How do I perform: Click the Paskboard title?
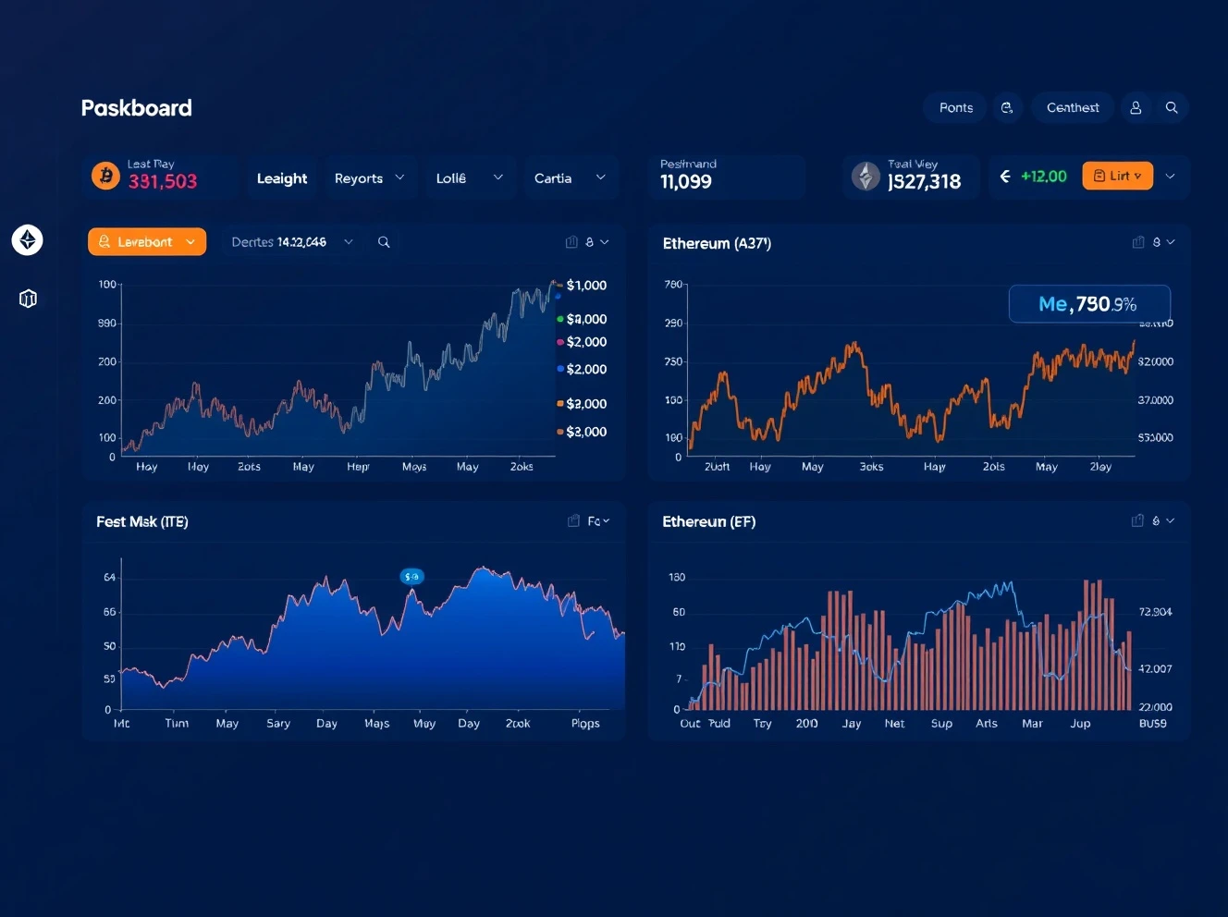[136, 108]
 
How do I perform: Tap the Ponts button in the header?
[955, 108]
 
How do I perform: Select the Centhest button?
[1073, 108]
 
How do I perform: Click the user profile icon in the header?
[1136, 108]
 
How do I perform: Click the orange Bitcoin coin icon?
[105, 176]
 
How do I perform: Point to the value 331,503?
[163, 181]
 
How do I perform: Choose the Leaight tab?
[282, 178]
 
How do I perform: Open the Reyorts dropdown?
[369, 178]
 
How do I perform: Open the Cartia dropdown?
[569, 178]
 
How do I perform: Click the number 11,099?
[686, 182]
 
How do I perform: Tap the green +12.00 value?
[1043, 177]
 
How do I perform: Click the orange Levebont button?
[147, 242]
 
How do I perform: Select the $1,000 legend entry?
[586, 286]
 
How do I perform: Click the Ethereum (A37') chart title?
[717, 244]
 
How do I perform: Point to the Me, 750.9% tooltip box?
[1088, 304]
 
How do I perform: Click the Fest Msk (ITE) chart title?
[142, 522]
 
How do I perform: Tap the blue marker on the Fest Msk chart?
[411, 577]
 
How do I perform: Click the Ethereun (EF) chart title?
[708, 522]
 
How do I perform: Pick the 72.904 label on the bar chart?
[1155, 612]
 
